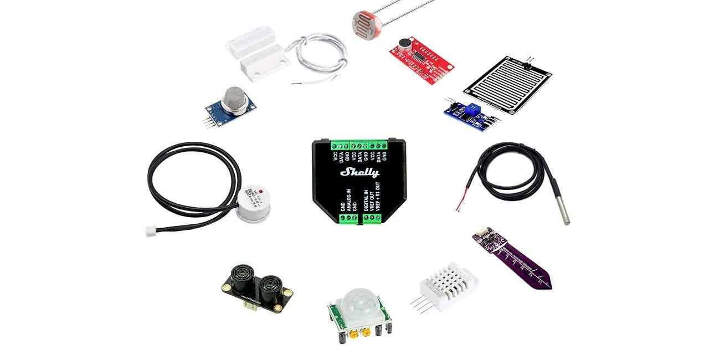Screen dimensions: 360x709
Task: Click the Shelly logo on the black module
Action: [x=359, y=172]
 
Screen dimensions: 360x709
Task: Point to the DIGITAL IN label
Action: [x=365, y=200]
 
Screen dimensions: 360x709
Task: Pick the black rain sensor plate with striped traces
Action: [x=506, y=84]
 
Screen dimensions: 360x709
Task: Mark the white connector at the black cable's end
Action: [x=151, y=232]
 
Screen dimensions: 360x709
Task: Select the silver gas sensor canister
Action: [x=234, y=100]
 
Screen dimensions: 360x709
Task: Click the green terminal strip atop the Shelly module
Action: [x=359, y=145]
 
